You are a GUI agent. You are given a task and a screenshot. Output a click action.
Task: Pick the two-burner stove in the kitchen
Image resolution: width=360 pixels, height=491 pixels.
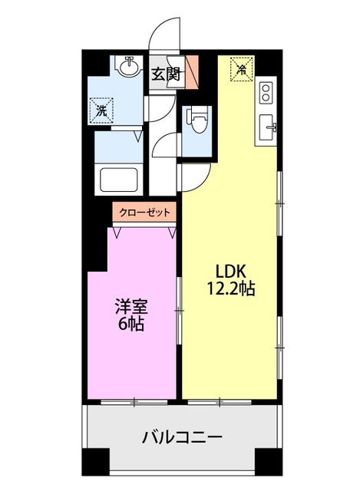[x=266, y=93]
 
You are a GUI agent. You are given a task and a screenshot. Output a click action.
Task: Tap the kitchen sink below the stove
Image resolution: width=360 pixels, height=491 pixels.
[x=269, y=127]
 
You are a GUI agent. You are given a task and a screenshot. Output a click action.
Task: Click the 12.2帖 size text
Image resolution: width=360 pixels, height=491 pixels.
[x=230, y=290]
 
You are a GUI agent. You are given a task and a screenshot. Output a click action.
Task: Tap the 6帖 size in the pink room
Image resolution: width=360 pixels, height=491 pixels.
[x=130, y=324]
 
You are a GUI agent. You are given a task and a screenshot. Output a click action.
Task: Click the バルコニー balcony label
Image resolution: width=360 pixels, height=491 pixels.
[x=183, y=438]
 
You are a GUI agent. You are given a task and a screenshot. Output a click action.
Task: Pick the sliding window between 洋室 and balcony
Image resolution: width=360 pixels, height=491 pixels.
[x=134, y=400]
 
